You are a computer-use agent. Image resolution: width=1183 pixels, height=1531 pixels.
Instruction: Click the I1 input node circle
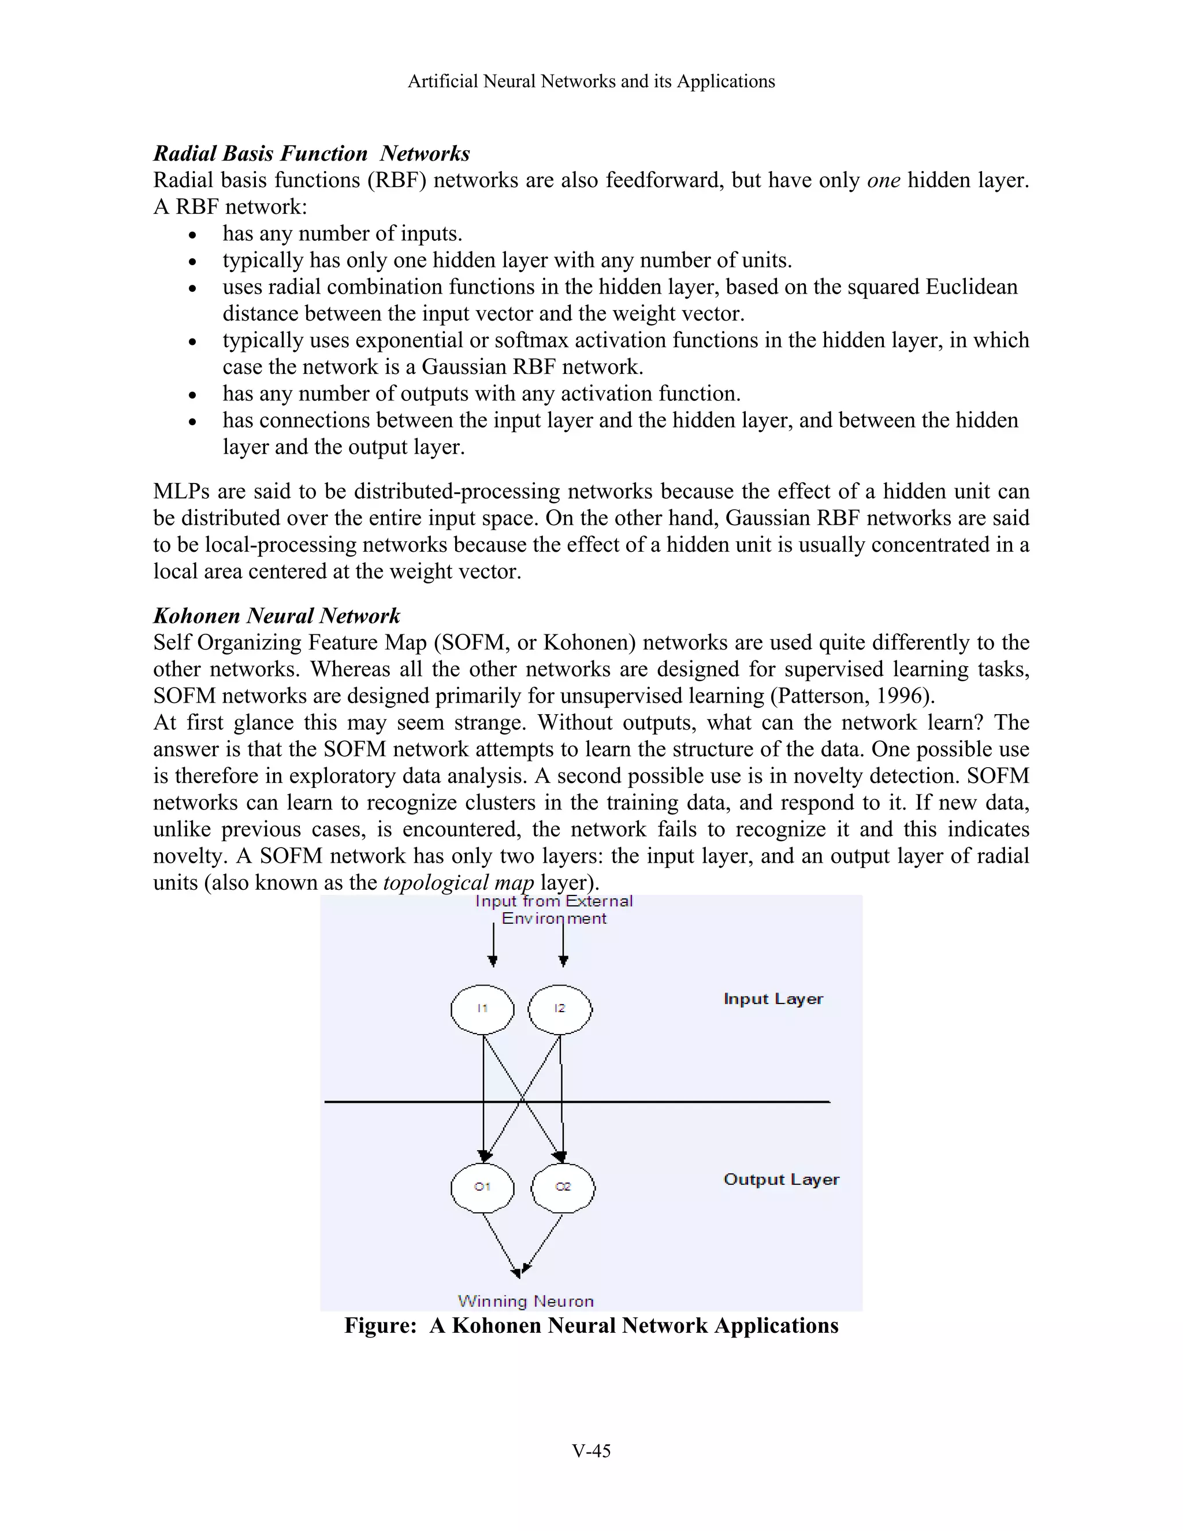[x=482, y=1009]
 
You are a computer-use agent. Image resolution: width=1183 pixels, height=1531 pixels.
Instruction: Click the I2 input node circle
[x=559, y=1009]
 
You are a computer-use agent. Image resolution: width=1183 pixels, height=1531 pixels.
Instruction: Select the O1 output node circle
[x=482, y=1187]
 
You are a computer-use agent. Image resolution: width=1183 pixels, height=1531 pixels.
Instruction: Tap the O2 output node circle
[x=563, y=1187]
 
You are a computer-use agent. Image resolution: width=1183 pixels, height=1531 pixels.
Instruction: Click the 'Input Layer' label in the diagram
[x=773, y=999]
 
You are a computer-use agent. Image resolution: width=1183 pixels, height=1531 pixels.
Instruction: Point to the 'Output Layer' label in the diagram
[x=781, y=1179]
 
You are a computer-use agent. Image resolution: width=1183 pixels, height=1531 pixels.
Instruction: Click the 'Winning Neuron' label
[x=526, y=1301]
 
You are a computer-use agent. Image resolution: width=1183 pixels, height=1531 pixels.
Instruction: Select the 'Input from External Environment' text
[x=553, y=909]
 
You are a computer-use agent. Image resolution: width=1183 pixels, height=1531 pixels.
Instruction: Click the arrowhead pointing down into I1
[x=493, y=961]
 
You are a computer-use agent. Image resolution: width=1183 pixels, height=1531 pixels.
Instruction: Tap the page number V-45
[x=591, y=1450]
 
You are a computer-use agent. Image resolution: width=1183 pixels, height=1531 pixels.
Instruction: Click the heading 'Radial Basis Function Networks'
[x=311, y=154]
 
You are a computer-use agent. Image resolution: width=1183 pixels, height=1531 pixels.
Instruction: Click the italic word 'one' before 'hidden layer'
[x=883, y=180]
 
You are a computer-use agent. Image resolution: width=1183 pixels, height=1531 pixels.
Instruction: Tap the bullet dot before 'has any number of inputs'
[x=194, y=235]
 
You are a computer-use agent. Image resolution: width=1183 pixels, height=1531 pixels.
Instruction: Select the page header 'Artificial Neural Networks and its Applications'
[x=591, y=81]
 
